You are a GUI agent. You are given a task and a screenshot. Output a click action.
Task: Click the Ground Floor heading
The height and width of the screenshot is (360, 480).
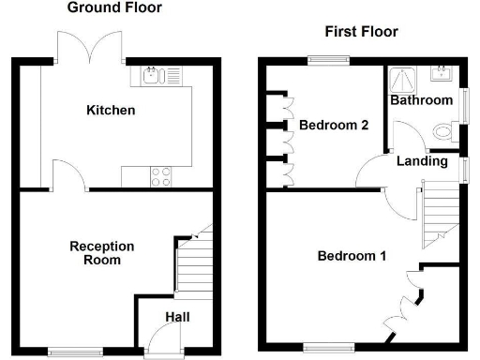pyautogui.click(x=114, y=8)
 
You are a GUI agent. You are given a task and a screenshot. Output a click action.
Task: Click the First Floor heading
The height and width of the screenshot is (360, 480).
pyautogui.click(x=361, y=32)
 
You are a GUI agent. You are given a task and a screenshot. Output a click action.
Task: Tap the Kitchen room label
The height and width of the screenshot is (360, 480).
pyautogui.click(x=111, y=111)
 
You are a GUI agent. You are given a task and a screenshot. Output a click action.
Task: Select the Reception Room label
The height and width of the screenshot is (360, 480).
pyautogui.click(x=102, y=253)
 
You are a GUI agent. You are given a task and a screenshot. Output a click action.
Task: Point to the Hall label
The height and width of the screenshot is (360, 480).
pyautogui.click(x=177, y=318)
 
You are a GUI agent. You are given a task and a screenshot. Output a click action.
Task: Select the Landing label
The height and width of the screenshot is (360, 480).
pyautogui.click(x=422, y=161)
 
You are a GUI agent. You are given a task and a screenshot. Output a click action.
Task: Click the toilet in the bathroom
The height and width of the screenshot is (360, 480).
pyautogui.click(x=441, y=133)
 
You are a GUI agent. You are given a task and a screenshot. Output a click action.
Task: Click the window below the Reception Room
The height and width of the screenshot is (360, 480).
pyautogui.click(x=70, y=352)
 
